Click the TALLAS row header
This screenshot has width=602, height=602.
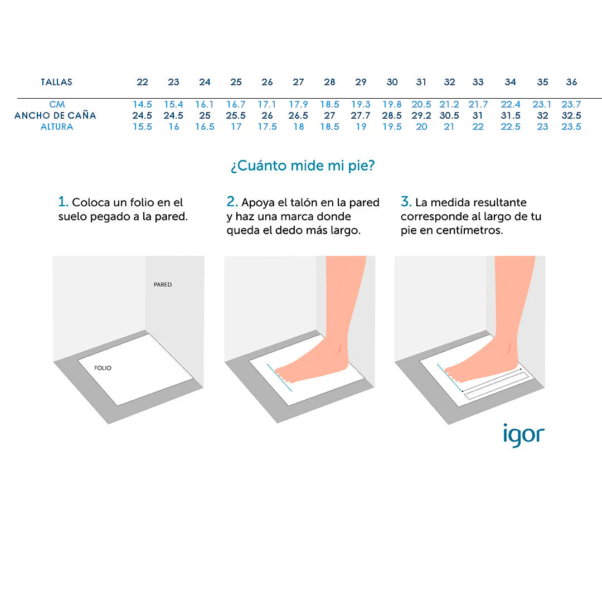coord(56,82)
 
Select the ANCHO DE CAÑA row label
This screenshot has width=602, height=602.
coord(55,115)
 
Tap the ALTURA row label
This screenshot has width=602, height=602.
coord(57,127)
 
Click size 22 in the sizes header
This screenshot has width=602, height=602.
coord(143,82)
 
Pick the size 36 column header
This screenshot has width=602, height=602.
coord(572,82)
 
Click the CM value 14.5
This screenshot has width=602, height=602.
coord(143,104)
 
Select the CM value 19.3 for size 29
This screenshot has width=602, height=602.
coord(361,104)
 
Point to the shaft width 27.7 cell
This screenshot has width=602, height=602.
coord(361,115)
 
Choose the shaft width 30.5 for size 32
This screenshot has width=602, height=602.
coord(449,115)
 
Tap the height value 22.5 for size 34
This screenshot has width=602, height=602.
coord(511,127)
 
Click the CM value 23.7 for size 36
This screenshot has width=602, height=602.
coord(571,104)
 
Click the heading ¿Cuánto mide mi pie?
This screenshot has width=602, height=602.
coord(303,166)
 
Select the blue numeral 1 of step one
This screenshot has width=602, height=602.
coord(62,202)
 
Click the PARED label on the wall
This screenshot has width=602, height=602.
coord(163,284)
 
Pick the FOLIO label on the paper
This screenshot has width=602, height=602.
coord(103,368)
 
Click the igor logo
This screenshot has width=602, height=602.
coord(523,435)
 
